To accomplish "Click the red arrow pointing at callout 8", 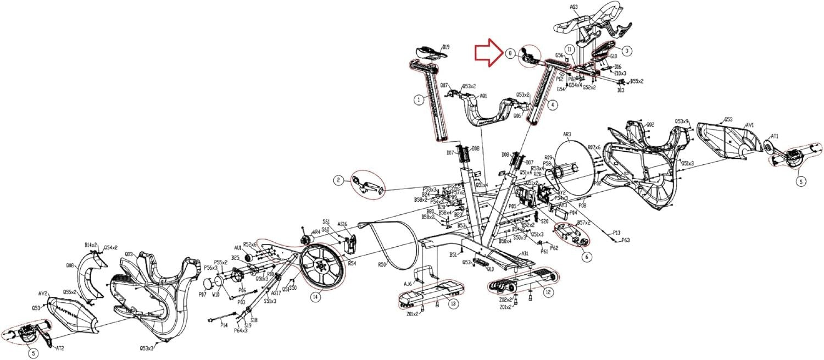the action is tap(488, 54).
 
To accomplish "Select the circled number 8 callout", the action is tap(510, 54).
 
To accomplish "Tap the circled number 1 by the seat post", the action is tap(419, 100).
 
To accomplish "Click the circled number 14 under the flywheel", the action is tap(315, 297).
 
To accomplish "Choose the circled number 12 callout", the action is tap(548, 292).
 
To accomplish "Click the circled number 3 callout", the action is tap(627, 50).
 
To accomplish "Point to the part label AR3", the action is tap(568, 135).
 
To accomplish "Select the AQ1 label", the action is tap(483, 95).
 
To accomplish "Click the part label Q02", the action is tap(650, 124).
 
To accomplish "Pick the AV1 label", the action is tap(749, 125).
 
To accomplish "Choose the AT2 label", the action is tap(60, 348).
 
